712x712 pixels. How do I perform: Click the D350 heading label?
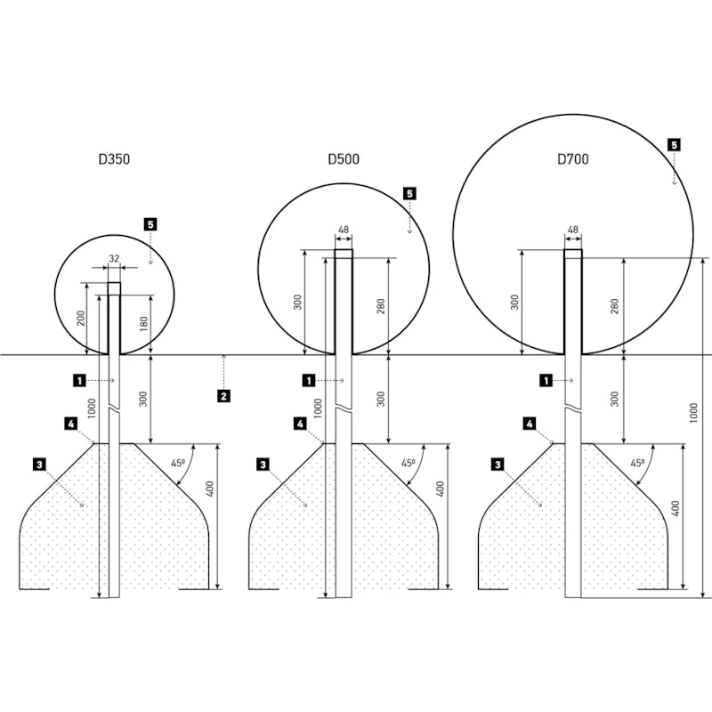(114, 159)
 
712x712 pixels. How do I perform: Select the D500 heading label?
(344, 159)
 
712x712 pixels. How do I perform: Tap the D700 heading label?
(573, 159)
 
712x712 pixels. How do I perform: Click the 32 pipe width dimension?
(114, 258)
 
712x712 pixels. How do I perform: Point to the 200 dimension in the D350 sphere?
(80, 320)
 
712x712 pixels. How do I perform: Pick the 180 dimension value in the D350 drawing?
(144, 323)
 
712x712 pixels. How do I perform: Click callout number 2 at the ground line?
(223, 396)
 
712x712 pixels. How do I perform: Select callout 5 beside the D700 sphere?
(674, 145)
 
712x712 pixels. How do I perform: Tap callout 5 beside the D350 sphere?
(150, 224)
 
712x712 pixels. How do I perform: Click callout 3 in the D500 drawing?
(263, 465)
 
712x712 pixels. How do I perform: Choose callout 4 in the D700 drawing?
(530, 425)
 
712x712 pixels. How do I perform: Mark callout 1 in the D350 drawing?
(79, 380)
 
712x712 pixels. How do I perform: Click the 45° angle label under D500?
(408, 463)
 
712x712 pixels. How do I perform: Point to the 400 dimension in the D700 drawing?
(676, 508)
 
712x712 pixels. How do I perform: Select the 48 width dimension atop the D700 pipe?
(573, 230)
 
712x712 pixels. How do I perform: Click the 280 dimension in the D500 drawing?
(381, 306)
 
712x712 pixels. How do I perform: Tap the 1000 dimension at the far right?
(693, 413)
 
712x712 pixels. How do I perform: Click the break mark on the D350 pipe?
(114, 408)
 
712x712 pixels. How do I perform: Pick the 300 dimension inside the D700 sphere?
(514, 303)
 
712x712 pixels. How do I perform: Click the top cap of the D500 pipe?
(344, 254)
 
